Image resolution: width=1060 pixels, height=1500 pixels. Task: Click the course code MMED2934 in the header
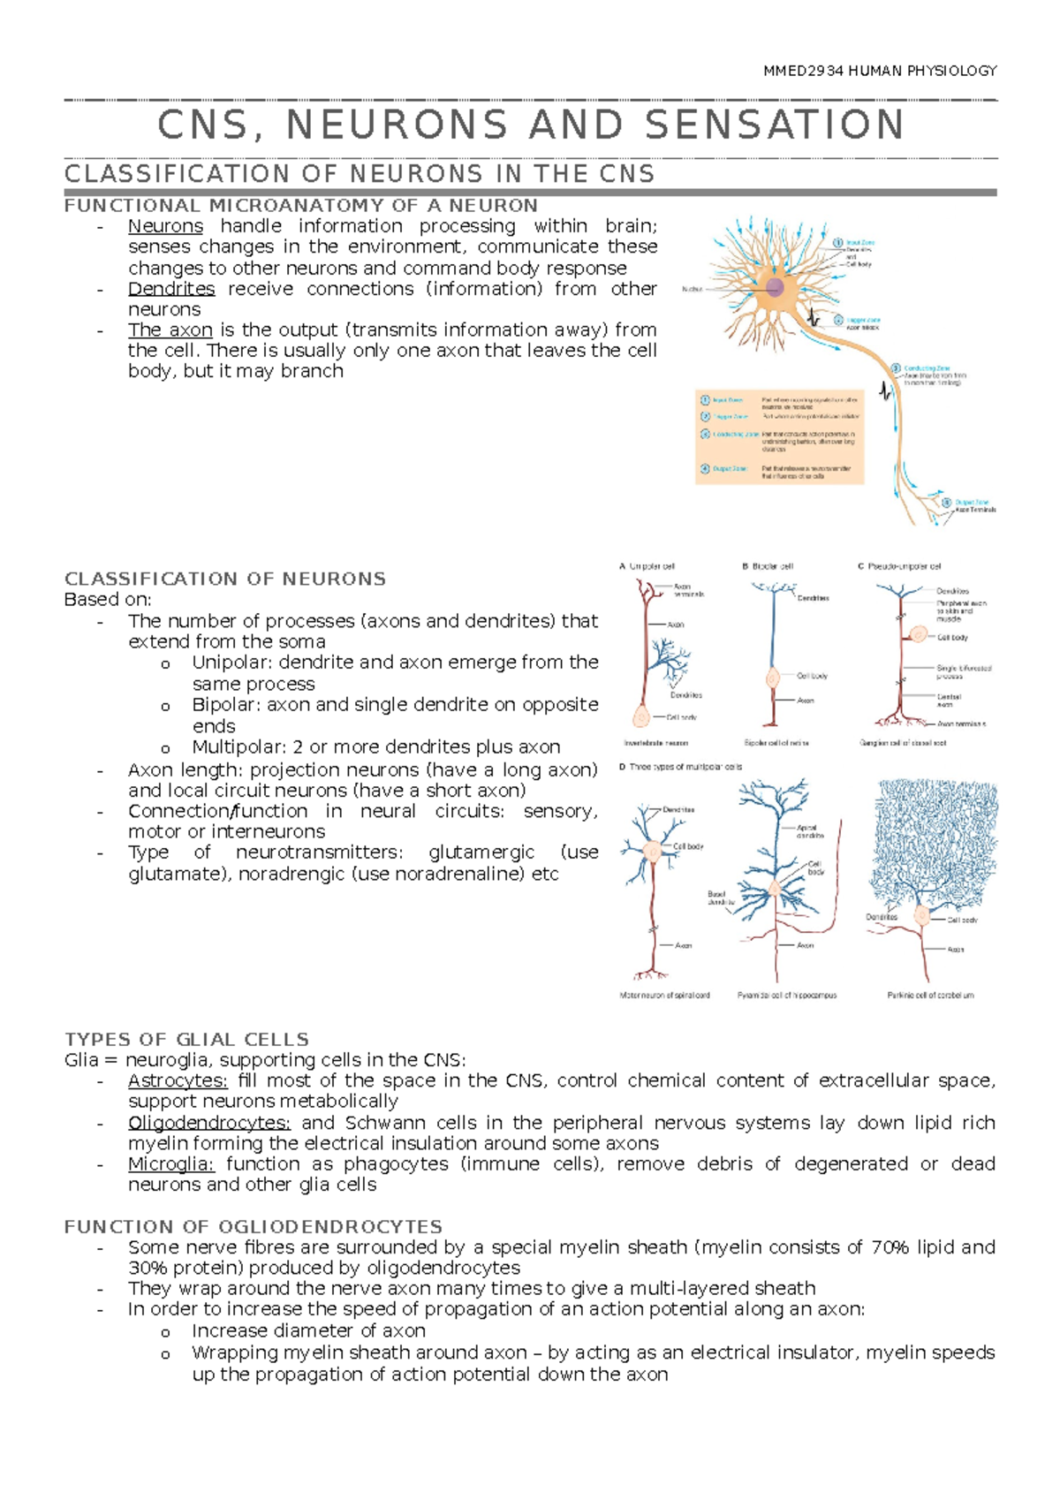tap(803, 71)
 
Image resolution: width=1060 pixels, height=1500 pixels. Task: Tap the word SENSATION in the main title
tap(775, 125)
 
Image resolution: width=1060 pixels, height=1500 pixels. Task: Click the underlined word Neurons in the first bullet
tap(165, 226)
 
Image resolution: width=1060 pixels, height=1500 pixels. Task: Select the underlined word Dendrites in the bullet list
tap(171, 289)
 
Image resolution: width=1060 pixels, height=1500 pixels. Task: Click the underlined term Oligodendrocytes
tap(208, 1123)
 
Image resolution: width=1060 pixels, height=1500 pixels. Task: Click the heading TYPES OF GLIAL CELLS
tap(186, 1039)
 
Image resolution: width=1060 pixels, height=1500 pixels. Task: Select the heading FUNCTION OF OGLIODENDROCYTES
tap(253, 1226)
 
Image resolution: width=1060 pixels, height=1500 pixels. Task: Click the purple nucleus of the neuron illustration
tap(775, 287)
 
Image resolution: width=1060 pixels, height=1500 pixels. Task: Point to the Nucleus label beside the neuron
tap(693, 289)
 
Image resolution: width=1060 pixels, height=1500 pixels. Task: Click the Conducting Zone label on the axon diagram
tap(926, 368)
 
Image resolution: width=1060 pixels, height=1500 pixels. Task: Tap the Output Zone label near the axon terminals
tap(971, 503)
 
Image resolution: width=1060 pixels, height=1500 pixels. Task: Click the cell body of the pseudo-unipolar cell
tap(919, 634)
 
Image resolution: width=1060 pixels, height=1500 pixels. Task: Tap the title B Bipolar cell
tap(768, 566)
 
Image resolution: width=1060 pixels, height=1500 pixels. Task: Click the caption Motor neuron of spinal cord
tap(664, 995)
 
